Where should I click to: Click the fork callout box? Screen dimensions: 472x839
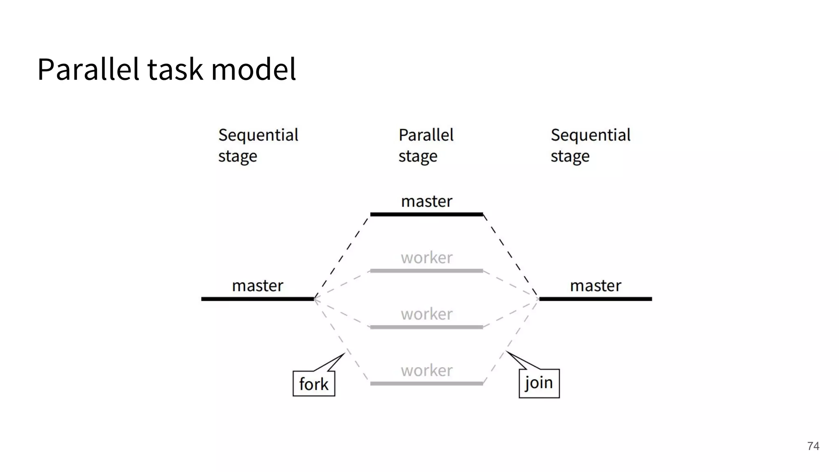coord(314,383)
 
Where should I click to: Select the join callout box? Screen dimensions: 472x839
coord(539,383)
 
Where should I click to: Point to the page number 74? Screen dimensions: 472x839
coord(813,446)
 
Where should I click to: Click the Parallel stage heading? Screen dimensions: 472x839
coord(426,145)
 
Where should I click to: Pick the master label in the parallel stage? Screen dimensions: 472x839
coord(426,201)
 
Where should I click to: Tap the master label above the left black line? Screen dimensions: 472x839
coord(257,286)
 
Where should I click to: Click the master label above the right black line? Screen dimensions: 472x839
coord(595,286)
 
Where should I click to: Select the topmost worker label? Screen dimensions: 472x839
coord(426,258)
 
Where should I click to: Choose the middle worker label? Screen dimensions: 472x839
coord(426,314)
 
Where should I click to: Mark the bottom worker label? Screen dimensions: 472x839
coord(426,370)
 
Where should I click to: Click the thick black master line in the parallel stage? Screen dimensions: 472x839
coord(426,214)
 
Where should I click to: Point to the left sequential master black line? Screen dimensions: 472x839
coord(257,299)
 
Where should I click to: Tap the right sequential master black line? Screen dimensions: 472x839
coord(595,299)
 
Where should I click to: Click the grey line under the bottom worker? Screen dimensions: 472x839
coord(426,383)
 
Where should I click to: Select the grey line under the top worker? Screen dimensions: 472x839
coord(426,271)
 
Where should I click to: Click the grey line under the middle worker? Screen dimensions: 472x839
coord(426,327)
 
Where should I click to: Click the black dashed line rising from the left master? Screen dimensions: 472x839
coord(341,257)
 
